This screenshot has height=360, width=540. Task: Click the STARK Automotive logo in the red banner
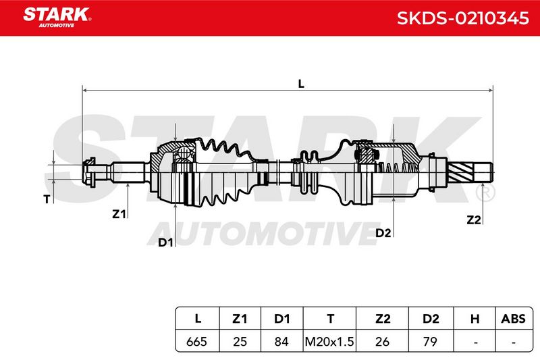pyautogui.click(x=57, y=18)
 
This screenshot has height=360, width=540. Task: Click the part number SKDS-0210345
pyautogui.click(x=462, y=18)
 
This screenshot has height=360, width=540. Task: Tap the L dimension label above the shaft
pyautogui.click(x=301, y=84)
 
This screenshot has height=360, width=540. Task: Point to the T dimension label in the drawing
pyautogui.click(x=47, y=199)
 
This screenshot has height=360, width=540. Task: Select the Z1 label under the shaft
pyautogui.click(x=119, y=214)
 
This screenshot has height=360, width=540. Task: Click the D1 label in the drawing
pyautogui.click(x=165, y=242)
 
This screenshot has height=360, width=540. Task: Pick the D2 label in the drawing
pyautogui.click(x=383, y=233)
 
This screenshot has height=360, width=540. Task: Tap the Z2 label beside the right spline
pyautogui.click(x=473, y=220)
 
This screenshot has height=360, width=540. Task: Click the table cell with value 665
pyautogui.click(x=196, y=341)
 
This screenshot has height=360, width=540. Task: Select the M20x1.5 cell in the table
pyautogui.click(x=329, y=341)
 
